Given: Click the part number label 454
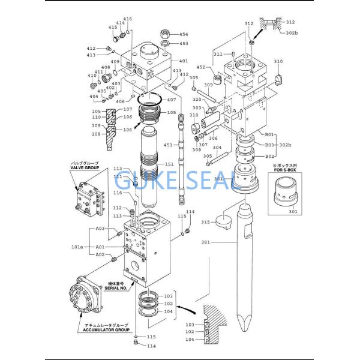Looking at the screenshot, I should pos(184,34).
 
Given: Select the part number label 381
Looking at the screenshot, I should pos(206,242).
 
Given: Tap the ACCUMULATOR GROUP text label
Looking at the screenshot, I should pos(106,329).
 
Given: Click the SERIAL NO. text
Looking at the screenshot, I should pos(115,288).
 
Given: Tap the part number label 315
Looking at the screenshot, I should pos(206,222).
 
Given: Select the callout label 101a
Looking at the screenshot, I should pos(78,246).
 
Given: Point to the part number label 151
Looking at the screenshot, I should pos(170,164).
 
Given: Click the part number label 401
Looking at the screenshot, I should pos(184,61).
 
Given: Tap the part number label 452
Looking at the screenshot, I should pos(202,67).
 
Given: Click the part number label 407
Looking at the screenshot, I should pos(172,100).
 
